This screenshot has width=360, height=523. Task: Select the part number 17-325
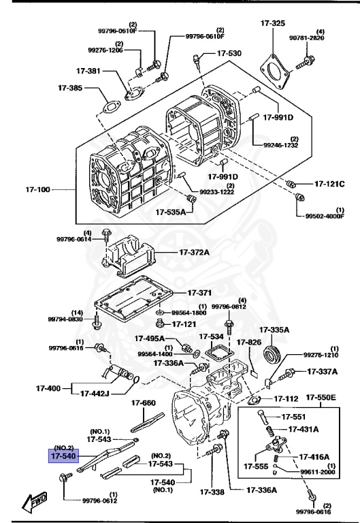272,24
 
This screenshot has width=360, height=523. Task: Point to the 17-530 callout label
229,52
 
